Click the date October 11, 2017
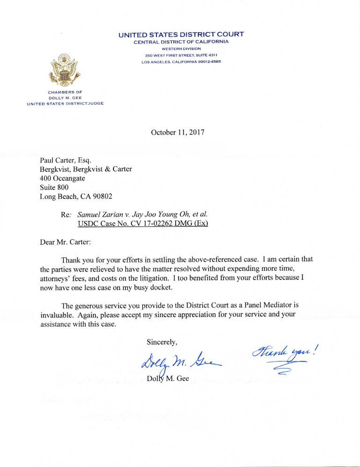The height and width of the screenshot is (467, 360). coord(177,132)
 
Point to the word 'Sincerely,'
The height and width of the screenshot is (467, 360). coord(162,342)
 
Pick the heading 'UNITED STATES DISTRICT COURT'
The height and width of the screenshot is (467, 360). coord(181,35)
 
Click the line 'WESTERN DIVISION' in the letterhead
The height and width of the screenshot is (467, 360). coord(181,49)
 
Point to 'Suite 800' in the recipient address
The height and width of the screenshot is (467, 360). coord(54,187)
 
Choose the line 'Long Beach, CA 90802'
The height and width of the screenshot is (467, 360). coord(76,197)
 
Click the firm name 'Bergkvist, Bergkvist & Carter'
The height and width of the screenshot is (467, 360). coord(86,169)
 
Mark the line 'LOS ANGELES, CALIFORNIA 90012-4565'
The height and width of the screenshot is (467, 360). coord(181,62)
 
